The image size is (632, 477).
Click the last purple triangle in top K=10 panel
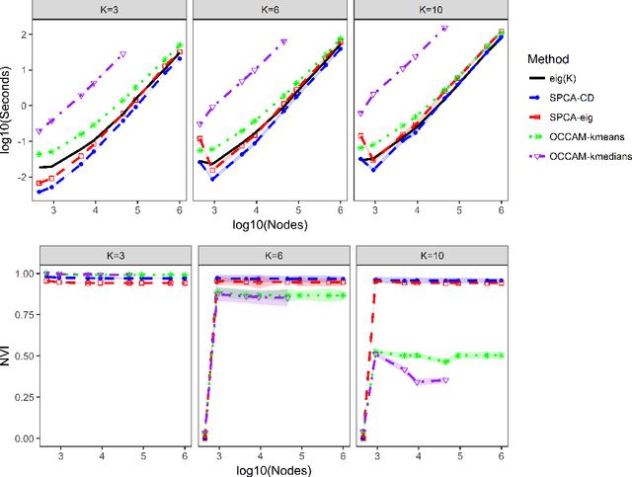click(x=444, y=29)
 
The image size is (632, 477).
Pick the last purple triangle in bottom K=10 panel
click(x=444, y=380)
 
